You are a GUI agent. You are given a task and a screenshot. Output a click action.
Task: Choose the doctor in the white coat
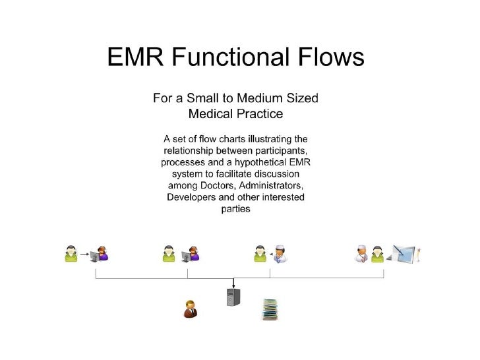point(361,253)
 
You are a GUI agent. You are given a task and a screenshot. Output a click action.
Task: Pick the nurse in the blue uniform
point(282,253)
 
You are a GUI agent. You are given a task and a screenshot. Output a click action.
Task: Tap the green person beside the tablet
point(377,254)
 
